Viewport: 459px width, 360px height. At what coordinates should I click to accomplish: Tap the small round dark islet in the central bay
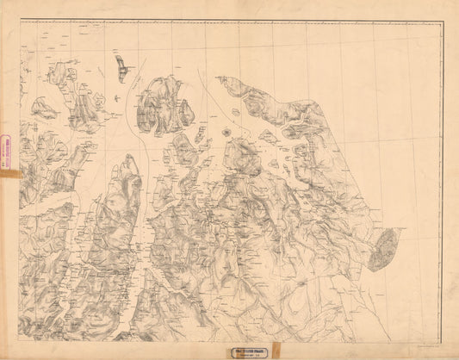point(226,133)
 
